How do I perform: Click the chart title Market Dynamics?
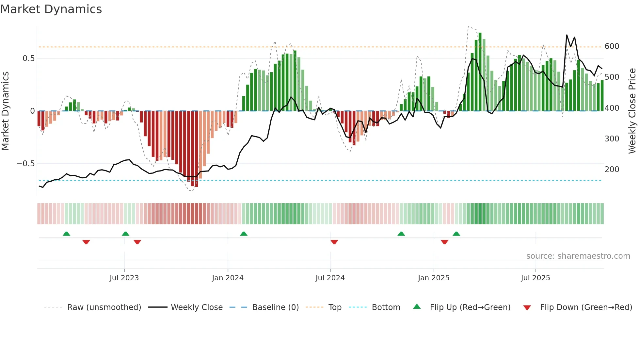[51, 9]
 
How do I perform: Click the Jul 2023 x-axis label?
[124, 278]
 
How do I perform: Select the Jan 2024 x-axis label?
[228, 278]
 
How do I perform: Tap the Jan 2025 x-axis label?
[434, 278]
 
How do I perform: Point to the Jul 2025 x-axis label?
[536, 278]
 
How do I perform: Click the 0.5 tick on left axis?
[28, 58]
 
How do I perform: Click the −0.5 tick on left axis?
[26, 164]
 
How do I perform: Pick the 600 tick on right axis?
[612, 46]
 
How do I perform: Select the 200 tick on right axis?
[612, 170]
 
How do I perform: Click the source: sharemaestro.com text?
[578, 256]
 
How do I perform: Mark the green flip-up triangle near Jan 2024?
[244, 234]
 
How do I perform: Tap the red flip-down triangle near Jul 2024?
[334, 242]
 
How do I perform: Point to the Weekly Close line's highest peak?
[567, 35]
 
